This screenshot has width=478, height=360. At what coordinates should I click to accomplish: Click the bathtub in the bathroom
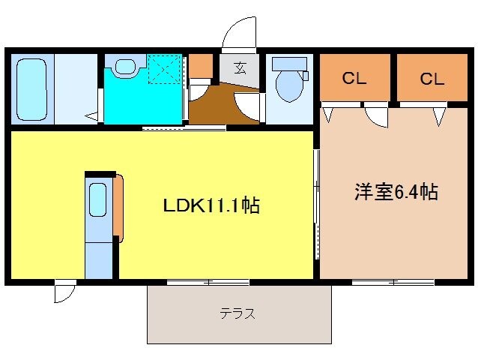(x=31, y=88)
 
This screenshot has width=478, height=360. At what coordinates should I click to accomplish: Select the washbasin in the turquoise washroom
(x=125, y=67)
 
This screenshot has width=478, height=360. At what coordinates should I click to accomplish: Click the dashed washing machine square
(x=165, y=69)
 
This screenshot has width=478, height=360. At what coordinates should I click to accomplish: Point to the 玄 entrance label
(x=239, y=68)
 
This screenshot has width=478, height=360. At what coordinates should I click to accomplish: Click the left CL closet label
(x=354, y=77)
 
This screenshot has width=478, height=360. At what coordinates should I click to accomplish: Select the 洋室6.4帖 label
(x=396, y=192)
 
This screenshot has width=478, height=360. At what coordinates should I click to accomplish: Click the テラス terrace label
(x=238, y=314)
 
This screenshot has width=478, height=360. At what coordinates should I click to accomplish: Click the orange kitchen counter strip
(x=118, y=207)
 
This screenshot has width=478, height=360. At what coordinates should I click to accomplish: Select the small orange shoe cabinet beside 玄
(x=200, y=67)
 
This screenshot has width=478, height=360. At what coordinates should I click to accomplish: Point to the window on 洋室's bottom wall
(x=393, y=283)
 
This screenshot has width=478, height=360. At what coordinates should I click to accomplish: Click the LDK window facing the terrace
(x=208, y=283)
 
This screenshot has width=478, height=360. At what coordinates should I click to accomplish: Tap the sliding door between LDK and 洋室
(x=316, y=202)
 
